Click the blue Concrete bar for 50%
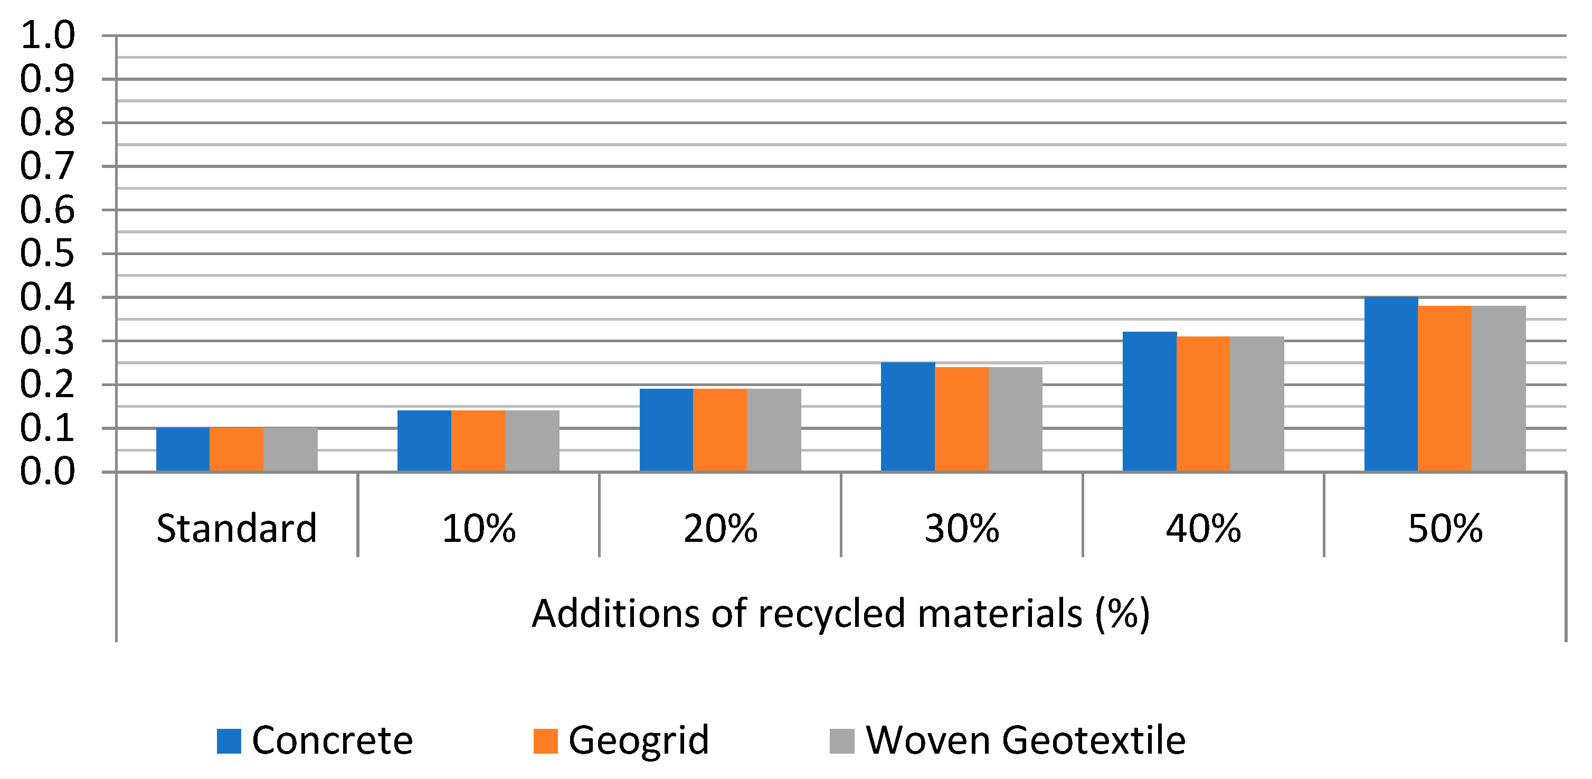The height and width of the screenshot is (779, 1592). [x=1390, y=384]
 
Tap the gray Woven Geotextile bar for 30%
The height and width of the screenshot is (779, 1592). [x=1016, y=420]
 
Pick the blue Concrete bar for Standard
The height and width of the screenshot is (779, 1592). [x=183, y=450]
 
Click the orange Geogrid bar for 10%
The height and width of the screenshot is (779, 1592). [x=478, y=441]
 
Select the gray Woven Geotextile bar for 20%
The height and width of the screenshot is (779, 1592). [x=774, y=430]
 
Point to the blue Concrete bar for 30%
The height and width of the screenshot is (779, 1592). [x=907, y=417]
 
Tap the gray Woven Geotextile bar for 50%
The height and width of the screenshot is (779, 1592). [x=1498, y=389]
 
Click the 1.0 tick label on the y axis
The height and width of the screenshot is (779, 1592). [x=47, y=35]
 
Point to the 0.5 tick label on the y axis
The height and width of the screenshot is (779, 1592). [x=47, y=254]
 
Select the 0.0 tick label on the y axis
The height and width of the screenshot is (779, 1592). [x=47, y=472]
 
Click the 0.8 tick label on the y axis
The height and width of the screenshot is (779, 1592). [x=47, y=123]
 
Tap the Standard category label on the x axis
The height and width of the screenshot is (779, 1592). [x=236, y=529]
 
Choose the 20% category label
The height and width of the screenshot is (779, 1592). [x=720, y=529]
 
